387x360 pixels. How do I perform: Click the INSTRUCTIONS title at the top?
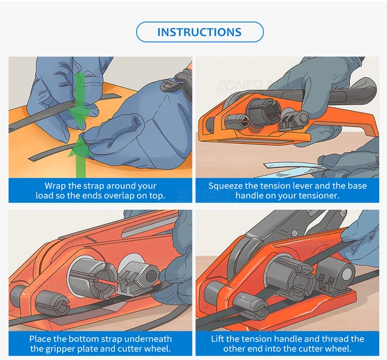pos(200,32)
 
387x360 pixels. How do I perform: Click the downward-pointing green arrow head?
pos(80,114)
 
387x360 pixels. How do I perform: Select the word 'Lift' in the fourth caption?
pos(217,339)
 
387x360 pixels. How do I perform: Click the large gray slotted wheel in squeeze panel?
pos(264,112)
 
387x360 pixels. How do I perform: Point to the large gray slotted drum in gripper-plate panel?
pos(91,276)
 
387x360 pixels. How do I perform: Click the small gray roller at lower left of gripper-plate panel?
pos(52,304)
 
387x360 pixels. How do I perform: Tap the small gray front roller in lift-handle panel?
pos(250,307)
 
